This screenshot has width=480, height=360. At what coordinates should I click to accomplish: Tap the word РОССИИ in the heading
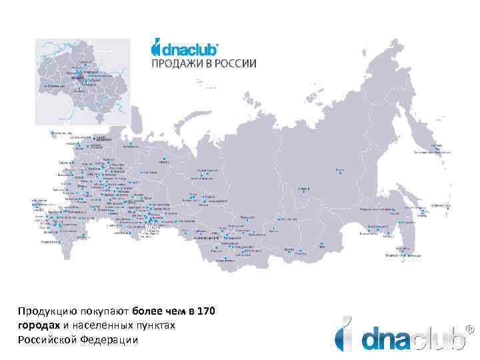point(233,63)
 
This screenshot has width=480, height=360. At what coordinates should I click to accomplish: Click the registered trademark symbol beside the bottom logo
point(470,328)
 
